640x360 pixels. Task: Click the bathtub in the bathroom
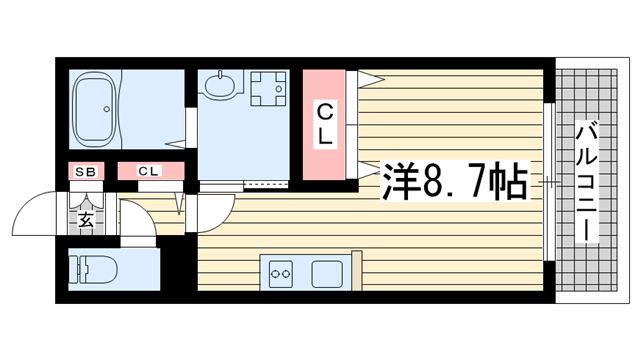pos(95,109)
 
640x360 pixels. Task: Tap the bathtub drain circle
pos(107,109)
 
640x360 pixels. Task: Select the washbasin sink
pos(221,84)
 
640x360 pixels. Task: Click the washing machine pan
pos(268,89)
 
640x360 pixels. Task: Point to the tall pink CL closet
pos(324,124)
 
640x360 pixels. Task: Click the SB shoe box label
pos(86,172)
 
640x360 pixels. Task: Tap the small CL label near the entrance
pos(148,171)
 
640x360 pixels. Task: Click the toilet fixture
pos(93,269)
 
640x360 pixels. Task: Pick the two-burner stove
pos(280,273)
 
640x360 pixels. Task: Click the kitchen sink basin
pos(327,274)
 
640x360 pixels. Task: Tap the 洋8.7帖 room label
pos(455,181)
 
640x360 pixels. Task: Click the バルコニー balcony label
pos(587,182)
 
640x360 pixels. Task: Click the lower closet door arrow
pos(369,169)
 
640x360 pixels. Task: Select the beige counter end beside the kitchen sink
pos(356,271)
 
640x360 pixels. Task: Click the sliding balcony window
pos(549,182)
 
